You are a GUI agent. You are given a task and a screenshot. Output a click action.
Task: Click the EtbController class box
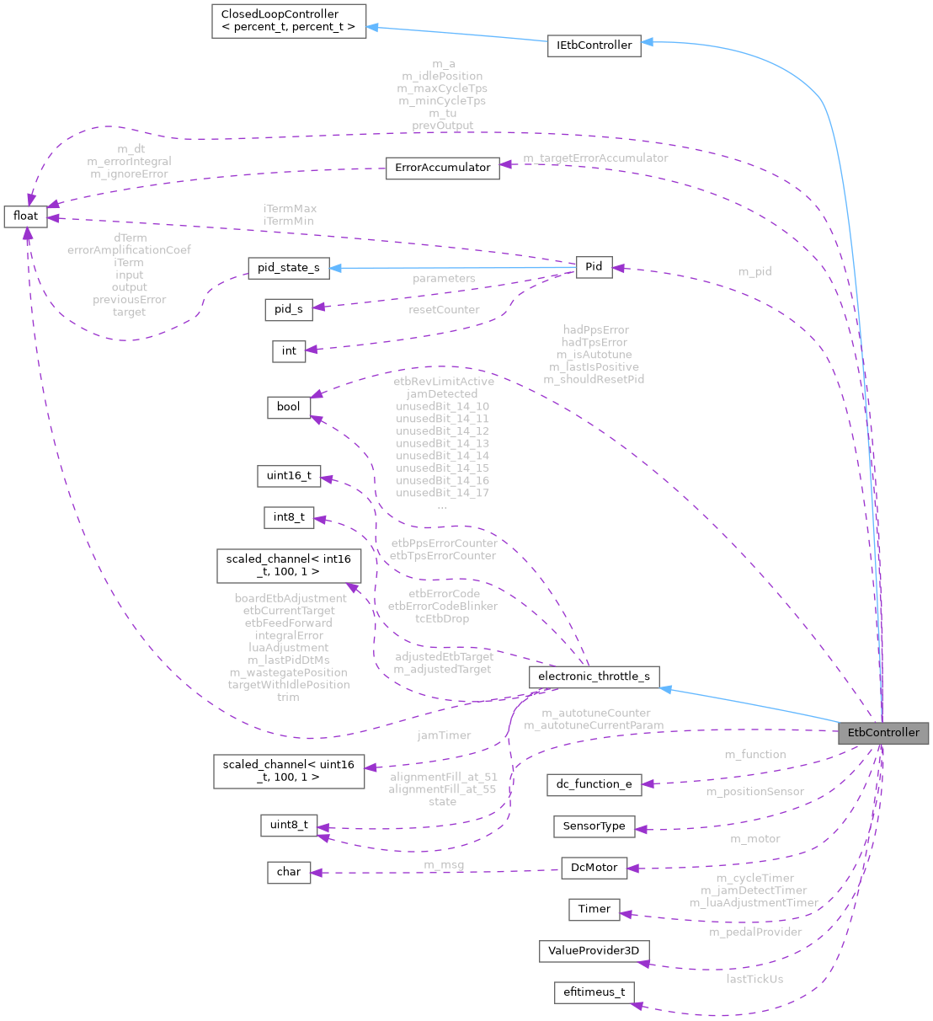pyautogui.click(x=882, y=732)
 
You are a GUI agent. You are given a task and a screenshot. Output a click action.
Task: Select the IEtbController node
pyautogui.click(x=594, y=45)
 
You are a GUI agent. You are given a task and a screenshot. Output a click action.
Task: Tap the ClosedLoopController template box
pyautogui.click(x=288, y=21)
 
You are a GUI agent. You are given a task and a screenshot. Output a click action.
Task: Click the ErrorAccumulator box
pyautogui.click(x=443, y=167)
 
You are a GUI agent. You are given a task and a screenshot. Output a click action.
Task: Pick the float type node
pyautogui.click(x=25, y=216)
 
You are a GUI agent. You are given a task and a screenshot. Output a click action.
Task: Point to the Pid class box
pyautogui.click(x=594, y=266)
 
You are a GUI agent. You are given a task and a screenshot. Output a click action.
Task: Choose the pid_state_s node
pyautogui.click(x=288, y=268)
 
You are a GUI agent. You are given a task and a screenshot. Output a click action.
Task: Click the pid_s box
pyautogui.click(x=288, y=309)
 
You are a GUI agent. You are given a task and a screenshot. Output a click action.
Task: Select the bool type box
pyautogui.click(x=288, y=407)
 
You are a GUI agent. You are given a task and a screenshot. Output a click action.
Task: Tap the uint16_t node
pyautogui.click(x=288, y=476)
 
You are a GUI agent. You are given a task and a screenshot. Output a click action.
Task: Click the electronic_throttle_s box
pyautogui.click(x=594, y=676)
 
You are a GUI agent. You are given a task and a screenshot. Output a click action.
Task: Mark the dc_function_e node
pyautogui.click(x=594, y=783)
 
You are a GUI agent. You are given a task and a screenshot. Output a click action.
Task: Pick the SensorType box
pyautogui.click(x=594, y=826)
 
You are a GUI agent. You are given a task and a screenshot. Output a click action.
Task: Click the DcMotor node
pyautogui.click(x=594, y=867)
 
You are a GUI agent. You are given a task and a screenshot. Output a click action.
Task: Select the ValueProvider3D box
pyautogui.click(x=594, y=950)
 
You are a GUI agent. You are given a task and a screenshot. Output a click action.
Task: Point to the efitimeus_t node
pyautogui.click(x=594, y=992)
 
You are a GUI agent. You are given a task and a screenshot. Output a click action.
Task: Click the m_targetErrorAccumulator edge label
pyautogui.click(x=595, y=158)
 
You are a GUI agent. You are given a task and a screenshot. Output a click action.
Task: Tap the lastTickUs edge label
pyautogui.click(x=754, y=979)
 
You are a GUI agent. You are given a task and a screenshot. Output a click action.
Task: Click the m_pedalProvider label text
pyautogui.click(x=754, y=932)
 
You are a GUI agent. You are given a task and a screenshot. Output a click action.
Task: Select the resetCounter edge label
pyautogui.click(x=444, y=309)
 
